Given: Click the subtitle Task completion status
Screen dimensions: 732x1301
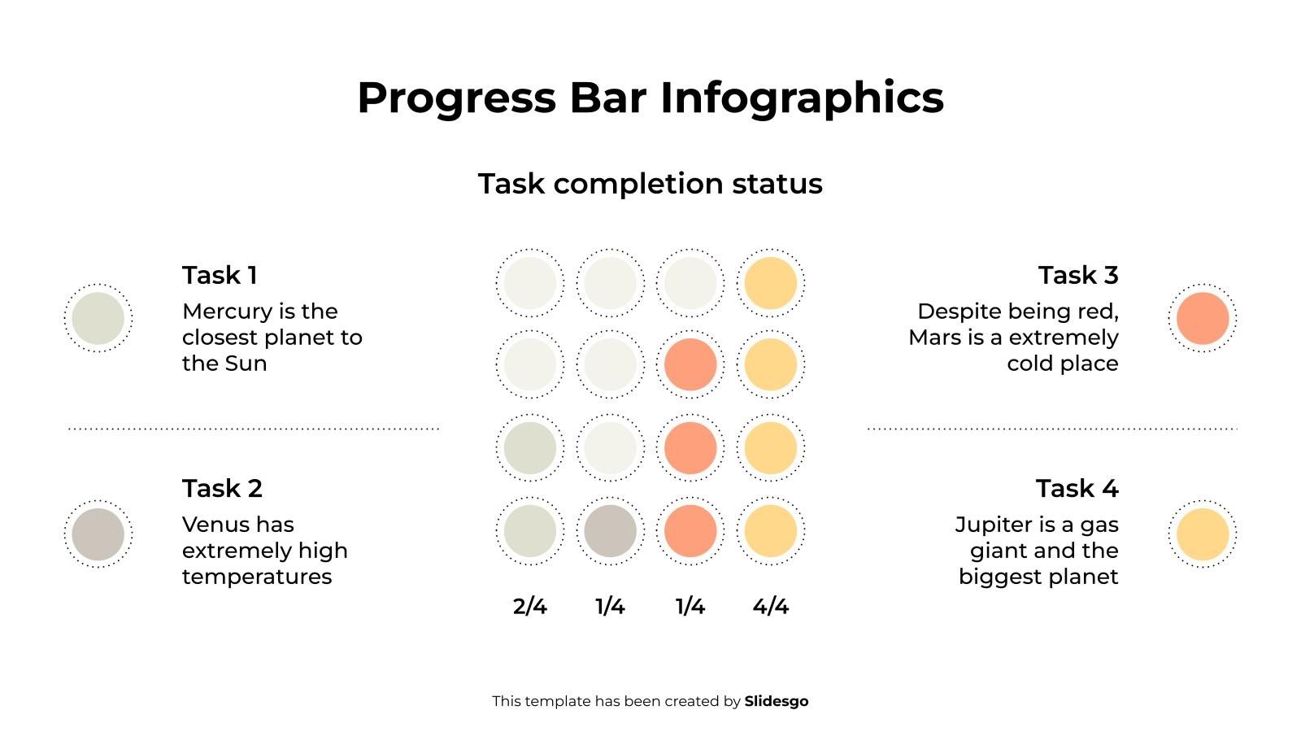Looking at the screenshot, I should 650,184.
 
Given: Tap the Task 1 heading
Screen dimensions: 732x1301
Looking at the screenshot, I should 220,275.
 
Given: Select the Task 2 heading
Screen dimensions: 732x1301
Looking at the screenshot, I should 222,488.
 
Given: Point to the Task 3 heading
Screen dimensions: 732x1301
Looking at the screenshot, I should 1077,275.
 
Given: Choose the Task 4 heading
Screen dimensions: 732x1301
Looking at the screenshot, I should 1077,488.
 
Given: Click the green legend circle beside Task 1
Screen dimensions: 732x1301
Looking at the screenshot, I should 98,318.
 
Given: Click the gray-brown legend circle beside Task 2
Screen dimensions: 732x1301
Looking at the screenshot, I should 98,534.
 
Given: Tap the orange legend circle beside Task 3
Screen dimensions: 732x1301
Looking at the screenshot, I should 1202,318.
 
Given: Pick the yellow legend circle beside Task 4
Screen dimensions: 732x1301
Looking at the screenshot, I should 1202,534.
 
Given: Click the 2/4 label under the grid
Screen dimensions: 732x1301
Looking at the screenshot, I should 529,607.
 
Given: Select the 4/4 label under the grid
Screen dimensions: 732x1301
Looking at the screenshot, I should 770,607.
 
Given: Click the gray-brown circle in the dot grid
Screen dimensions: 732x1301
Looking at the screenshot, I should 610,531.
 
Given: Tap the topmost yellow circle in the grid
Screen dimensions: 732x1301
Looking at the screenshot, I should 770,283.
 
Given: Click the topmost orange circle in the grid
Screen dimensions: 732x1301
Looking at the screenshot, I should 690,364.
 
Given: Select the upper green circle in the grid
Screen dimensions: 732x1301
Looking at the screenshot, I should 530,447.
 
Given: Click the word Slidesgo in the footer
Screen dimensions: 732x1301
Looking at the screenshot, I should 776,701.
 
